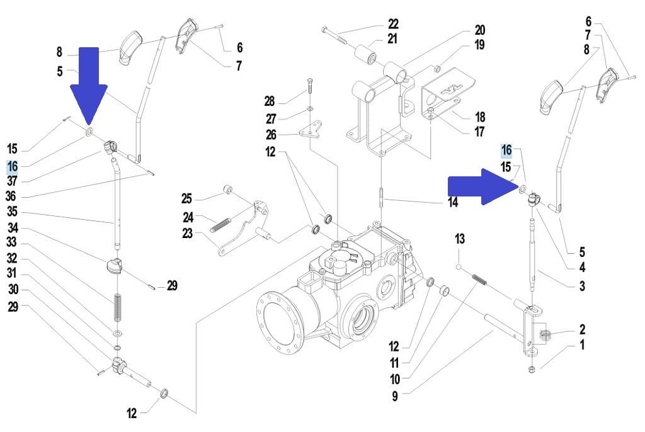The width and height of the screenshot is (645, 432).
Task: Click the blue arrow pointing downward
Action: pyautogui.click(x=88, y=82)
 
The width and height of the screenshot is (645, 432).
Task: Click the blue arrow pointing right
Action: pyautogui.click(x=483, y=186)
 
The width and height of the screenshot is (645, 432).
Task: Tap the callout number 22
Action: pyautogui.click(x=393, y=24)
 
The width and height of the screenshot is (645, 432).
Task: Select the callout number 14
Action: pyautogui.click(x=453, y=202)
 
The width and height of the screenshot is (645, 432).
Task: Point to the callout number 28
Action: pyautogui.click(x=270, y=101)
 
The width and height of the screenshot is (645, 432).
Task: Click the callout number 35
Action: pyautogui.click(x=13, y=212)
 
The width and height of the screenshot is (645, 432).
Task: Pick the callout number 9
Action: pyautogui.click(x=395, y=396)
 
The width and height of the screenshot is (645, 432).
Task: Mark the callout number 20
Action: pyautogui.click(x=479, y=30)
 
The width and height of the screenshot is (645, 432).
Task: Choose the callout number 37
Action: pyautogui.click(x=13, y=181)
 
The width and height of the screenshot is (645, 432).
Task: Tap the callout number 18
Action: pyautogui.click(x=480, y=117)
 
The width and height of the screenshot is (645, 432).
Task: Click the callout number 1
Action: pyautogui.click(x=582, y=344)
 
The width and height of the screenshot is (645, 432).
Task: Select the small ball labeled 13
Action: pyautogui.click(x=459, y=267)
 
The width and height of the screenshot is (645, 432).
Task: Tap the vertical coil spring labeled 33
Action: pyautogui.click(x=118, y=307)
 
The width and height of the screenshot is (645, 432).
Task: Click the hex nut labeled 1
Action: pyautogui.click(x=532, y=368)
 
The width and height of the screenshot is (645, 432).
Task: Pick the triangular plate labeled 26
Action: pyautogui.click(x=311, y=129)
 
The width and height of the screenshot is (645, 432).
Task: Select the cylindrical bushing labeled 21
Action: pyautogui.click(x=366, y=56)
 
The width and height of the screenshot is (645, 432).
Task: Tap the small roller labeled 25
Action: pyautogui.click(x=228, y=190)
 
